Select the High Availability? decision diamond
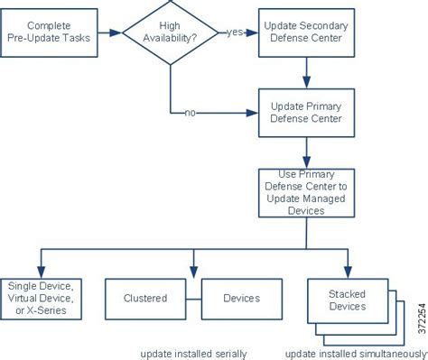170,34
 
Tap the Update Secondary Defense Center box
307,33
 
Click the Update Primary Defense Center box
307,112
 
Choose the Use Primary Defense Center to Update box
307,191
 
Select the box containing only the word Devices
240,298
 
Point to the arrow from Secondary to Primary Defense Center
307,72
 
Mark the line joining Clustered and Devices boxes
191,298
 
